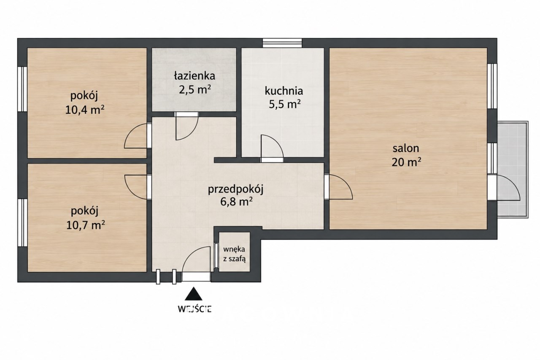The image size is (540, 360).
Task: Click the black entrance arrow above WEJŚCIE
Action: tap(193, 294)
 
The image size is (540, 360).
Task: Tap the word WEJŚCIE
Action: tap(194, 309)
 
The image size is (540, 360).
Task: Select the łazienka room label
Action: tap(194, 76)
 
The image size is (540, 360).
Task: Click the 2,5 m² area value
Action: tap(195, 90)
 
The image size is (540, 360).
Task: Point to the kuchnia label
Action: tap(284, 91)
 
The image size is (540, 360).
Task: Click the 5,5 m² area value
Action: tap(284, 105)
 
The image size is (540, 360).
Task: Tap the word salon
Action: tap(406, 148)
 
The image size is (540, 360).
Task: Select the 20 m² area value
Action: tap(406, 162)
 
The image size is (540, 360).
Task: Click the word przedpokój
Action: tap(235, 189)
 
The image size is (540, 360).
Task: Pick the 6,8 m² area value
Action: tap(236, 202)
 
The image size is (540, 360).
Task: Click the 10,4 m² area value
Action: tap(85, 110)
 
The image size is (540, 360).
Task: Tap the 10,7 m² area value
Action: tap(85, 225)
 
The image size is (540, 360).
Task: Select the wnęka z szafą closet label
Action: tap(234, 254)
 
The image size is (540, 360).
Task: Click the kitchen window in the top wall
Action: tap(282, 43)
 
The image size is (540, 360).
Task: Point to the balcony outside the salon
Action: tap(512, 170)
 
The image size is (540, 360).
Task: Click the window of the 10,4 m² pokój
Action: tap(22, 89)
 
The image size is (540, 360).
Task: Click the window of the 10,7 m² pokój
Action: tap(22, 222)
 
